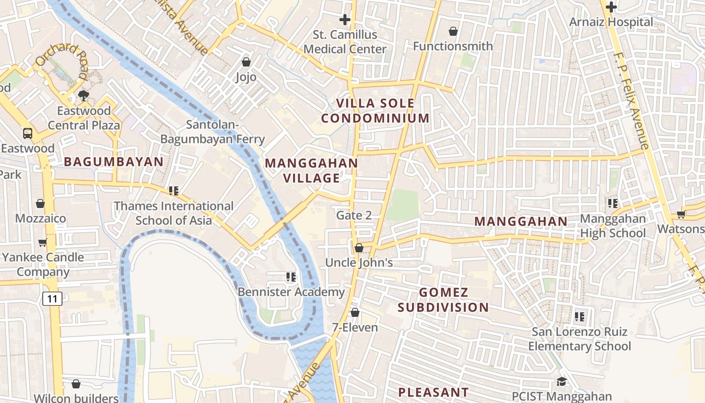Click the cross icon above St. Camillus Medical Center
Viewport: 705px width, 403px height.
pyautogui.click(x=345, y=20)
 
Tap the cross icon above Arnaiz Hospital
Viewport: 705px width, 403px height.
pyautogui.click(x=611, y=7)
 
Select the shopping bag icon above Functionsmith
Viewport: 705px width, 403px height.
pyautogui.click(x=453, y=31)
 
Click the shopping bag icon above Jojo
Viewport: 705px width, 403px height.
pyautogui.click(x=246, y=62)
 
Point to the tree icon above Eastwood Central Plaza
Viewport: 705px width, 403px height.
pyautogui.click(x=84, y=96)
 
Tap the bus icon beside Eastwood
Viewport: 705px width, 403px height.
pyautogui.click(x=28, y=133)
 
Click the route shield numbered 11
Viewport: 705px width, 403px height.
pyautogui.click(x=52, y=299)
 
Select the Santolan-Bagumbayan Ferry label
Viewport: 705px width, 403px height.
pyautogui.click(x=213, y=132)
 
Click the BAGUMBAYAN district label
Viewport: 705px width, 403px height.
pyautogui.click(x=114, y=162)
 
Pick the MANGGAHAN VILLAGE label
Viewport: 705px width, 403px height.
pyautogui.click(x=311, y=170)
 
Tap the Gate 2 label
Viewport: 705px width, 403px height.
pyautogui.click(x=354, y=216)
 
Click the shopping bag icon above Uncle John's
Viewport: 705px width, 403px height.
pyautogui.click(x=359, y=248)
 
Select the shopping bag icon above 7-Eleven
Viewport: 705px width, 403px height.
pyautogui.click(x=355, y=312)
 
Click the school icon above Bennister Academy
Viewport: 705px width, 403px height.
pyautogui.click(x=291, y=277)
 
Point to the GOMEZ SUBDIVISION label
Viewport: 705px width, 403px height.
pyautogui.click(x=443, y=300)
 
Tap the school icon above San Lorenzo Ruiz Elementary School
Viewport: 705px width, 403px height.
pyautogui.click(x=580, y=316)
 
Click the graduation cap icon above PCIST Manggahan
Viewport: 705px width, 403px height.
pyautogui.click(x=561, y=382)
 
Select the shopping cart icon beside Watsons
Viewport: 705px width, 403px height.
pyautogui.click(x=681, y=214)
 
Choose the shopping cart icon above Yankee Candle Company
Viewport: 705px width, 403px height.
pyautogui.click(x=42, y=242)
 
